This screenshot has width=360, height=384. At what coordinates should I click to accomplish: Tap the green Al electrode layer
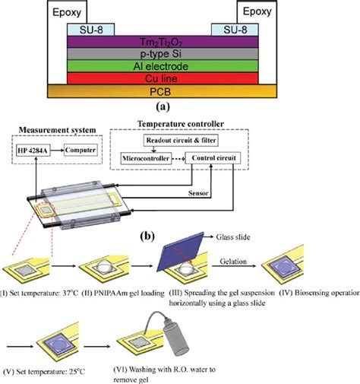point(180,66)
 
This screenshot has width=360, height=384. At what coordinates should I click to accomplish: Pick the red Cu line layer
point(180,78)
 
